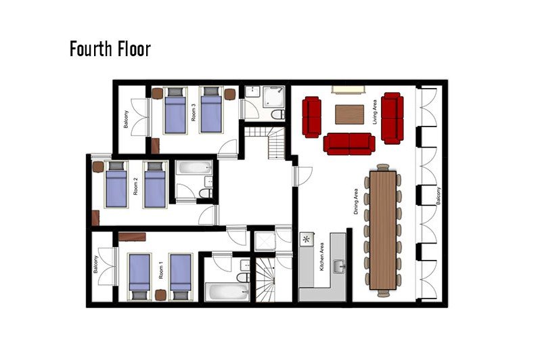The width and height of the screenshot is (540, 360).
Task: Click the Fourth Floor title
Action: coord(110,49)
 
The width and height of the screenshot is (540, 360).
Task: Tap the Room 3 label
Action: coord(194,114)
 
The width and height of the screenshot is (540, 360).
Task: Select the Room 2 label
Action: coord(135,186)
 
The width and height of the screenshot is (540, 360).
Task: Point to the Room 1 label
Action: coord(161,270)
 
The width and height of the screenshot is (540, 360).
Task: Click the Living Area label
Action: coord(375,112)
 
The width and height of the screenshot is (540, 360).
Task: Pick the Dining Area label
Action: coord(356,202)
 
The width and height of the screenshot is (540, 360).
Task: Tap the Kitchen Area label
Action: coord(321,256)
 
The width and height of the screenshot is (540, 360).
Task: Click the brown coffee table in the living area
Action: coord(350,114)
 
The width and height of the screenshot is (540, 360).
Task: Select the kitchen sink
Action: coord(340,267)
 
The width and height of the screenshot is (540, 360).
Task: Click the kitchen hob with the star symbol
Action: coord(307,239)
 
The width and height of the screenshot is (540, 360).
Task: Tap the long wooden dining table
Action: coord(383,230)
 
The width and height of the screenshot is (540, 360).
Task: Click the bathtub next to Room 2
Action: coord(195,168)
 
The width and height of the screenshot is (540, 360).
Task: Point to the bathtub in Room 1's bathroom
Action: coord(227,292)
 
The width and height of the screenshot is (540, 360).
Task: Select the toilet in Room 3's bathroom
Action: coord(278,114)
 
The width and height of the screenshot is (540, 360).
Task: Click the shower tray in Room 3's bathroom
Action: coord(274,97)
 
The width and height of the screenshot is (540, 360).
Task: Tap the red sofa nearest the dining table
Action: coord(349,143)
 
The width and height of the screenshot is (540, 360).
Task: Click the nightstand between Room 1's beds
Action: coord(160,295)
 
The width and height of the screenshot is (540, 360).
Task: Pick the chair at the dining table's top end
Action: coord(383,167)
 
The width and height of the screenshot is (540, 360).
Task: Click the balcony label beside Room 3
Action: coord(126,119)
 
